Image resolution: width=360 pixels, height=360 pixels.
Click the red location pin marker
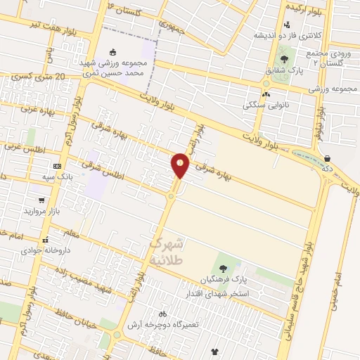pos(180,165)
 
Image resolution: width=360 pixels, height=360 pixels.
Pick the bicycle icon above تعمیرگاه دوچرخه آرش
pos(163,314)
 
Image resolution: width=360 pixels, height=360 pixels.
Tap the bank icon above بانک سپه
pos(57,165)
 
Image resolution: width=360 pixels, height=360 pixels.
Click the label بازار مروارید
pos(44,211)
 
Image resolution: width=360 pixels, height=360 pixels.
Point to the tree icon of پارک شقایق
pos(284,59)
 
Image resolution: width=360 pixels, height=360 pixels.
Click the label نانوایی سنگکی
pos(262,105)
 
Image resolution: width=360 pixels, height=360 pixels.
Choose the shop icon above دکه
pos(328,158)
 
